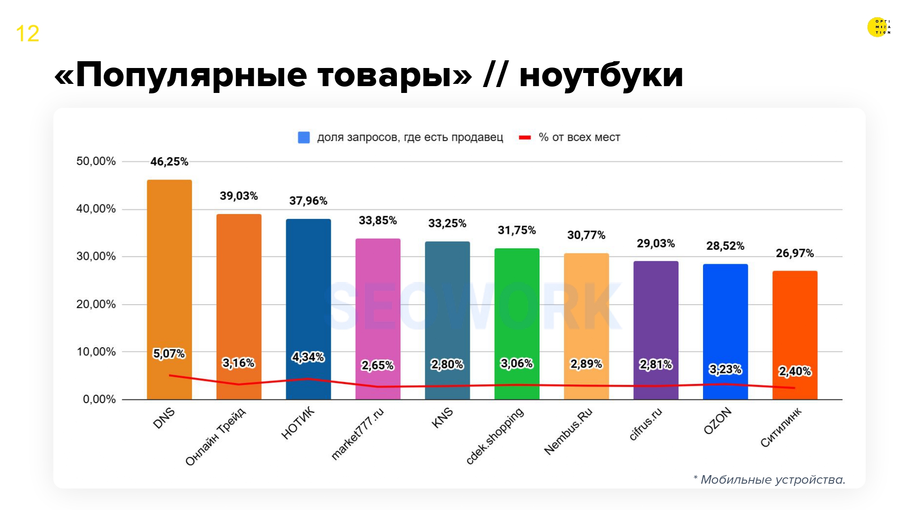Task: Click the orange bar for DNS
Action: pos(169,272)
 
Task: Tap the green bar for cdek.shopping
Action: pos(516,308)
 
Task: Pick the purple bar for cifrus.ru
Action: pos(655,313)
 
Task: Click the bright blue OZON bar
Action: pos(725,317)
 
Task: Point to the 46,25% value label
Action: pos(169,162)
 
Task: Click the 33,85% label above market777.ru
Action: pos(377,220)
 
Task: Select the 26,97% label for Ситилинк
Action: pos(795,253)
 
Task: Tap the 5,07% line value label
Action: pos(169,354)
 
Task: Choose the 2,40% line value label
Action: pos(795,371)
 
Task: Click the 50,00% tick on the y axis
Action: pos(96,161)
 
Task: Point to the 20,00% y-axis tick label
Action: pos(96,304)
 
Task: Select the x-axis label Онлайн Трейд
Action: pos(216,437)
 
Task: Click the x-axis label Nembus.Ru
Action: pos(568,431)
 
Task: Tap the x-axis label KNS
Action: pos(442,418)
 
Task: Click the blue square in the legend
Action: pos(304,137)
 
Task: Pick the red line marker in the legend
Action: pos(525,137)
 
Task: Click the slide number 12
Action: pos(28,34)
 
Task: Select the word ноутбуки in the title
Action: pos(601,75)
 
